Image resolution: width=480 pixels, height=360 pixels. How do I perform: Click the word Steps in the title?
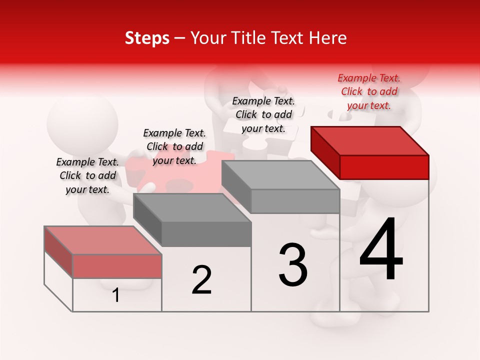tap(146, 38)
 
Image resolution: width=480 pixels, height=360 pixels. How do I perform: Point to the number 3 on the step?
tap(293, 264)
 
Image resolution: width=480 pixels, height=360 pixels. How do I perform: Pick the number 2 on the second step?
tap(201, 280)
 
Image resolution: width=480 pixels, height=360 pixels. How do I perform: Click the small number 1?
tap(116, 295)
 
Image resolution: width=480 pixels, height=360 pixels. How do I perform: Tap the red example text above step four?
tap(369, 91)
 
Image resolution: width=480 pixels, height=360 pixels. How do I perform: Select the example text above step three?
tap(263, 114)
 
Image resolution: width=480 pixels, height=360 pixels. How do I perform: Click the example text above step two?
tap(174, 146)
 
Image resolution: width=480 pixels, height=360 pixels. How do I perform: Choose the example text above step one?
tap(87, 175)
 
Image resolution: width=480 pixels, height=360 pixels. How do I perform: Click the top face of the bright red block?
tap(369, 140)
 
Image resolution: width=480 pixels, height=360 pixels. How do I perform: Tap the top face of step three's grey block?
tap(280, 175)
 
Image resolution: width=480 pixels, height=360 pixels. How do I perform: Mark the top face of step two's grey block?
tap(191, 207)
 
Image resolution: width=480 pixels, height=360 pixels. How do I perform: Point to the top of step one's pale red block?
tap(102, 240)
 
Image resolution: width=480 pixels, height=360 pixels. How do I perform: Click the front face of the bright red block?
tap(384, 167)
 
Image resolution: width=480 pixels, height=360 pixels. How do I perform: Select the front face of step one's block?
tap(117, 266)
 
